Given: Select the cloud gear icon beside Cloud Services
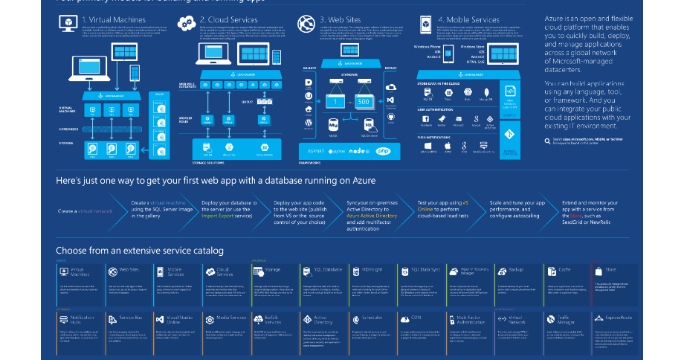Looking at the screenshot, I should [x=186, y=22].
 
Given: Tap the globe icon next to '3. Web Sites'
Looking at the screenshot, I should [x=305, y=21].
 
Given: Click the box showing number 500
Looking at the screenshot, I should [x=364, y=100].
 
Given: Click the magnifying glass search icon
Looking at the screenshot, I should [x=549, y=139].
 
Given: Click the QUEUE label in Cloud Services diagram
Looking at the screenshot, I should [x=248, y=101].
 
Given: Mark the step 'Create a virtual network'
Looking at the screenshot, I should [x=85, y=211].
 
